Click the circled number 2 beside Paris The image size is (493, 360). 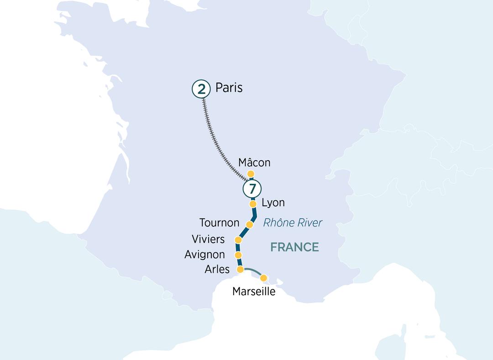(201, 89)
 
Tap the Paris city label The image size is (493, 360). (229, 87)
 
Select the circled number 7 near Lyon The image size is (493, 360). (252, 188)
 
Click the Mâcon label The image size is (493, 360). (254, 162)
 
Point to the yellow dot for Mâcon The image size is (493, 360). (251, 173)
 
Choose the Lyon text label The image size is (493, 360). (273, 203)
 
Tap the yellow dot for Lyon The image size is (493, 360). (253, 204)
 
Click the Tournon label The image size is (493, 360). (219, 223)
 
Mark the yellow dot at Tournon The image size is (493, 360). (250, 224)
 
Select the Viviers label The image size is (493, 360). (208, 239)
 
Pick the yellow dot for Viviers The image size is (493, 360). (238, 240)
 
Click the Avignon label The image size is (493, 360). (205, 255)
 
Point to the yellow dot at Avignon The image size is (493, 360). (238, 255)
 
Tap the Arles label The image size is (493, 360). (217, 269)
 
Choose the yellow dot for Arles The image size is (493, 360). (240, 270)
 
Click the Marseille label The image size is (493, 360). (254, 291)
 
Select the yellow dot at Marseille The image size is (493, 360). (263, 278)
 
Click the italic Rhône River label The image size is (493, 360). (293, 223)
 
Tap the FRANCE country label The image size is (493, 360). (294, 247)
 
